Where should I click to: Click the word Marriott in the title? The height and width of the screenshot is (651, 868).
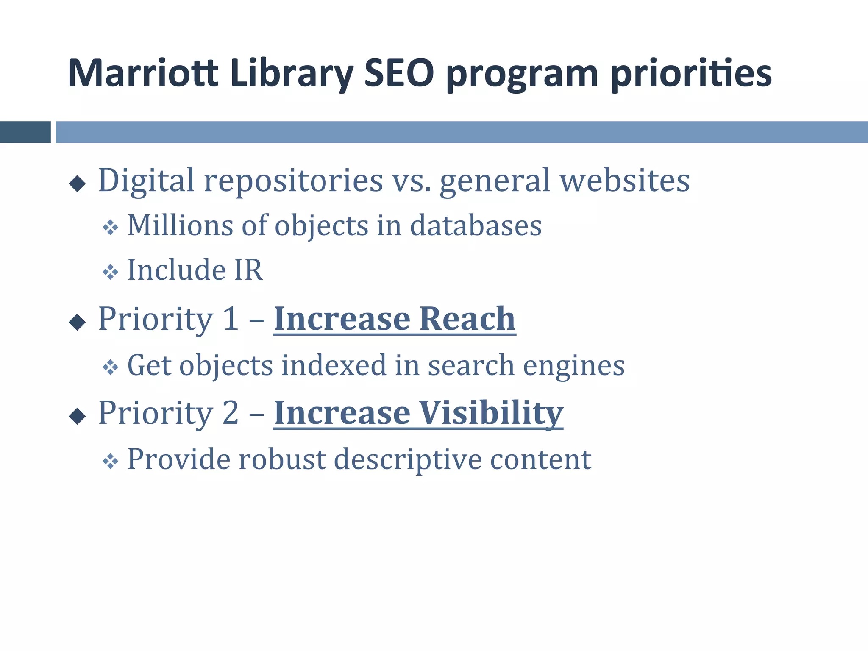[x=143, y=74]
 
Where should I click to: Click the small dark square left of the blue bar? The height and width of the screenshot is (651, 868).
[x=25, y=132]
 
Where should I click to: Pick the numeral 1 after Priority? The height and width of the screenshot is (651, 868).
[x=231, y=319]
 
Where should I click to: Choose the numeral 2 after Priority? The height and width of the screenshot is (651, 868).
[x=231, y=413]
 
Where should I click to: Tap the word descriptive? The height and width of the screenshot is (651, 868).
[x=408, y=460]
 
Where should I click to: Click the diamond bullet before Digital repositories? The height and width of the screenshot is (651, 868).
[x=77, y=184]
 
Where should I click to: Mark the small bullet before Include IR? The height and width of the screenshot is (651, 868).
[x=110, y=272]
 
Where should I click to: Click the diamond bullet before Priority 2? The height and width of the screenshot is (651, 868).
[x=77, y=416]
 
